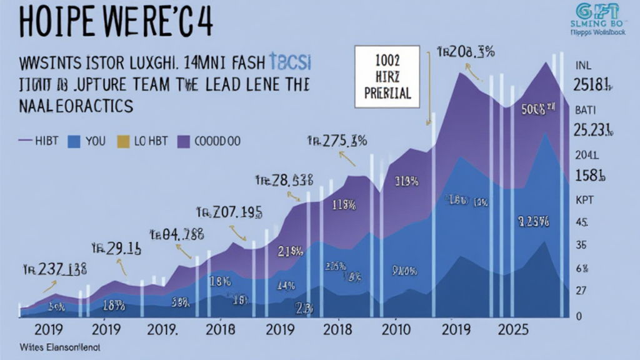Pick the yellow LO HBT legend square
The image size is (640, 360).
coord(123,141)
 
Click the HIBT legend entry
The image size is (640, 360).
coord(38,141)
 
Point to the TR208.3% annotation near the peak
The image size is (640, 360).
coord(466,52)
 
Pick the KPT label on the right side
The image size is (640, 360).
coord(582,202)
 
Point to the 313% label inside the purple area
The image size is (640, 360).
coord(406,182)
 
